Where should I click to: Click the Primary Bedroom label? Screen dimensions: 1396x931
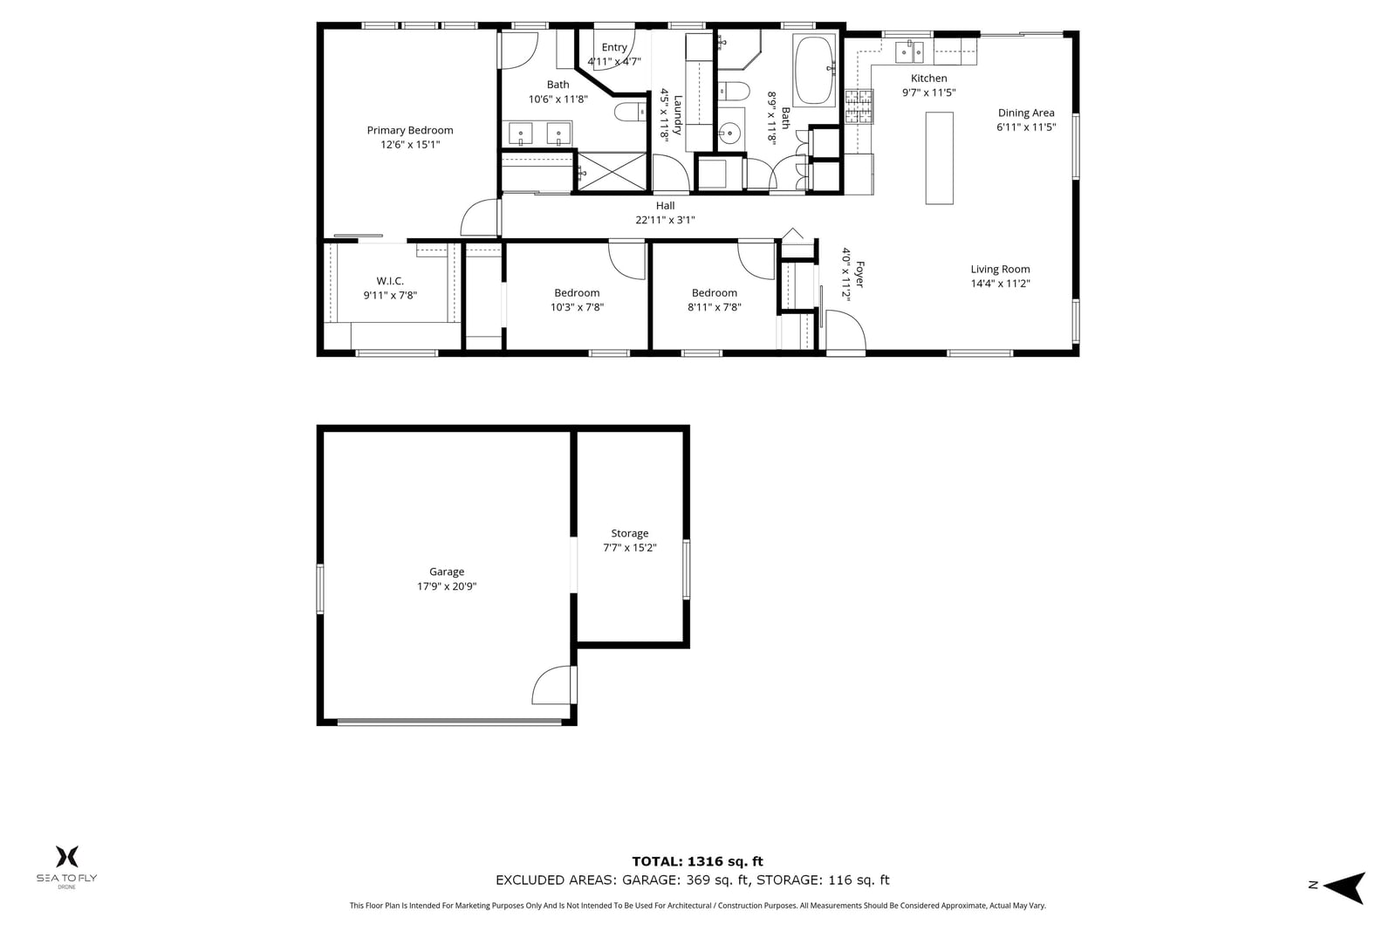pos(410,130)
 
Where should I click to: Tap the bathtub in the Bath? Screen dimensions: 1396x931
pos(814,71)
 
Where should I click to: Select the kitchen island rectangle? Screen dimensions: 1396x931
pos(939,158)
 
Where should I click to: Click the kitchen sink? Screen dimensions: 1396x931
pos(909,52)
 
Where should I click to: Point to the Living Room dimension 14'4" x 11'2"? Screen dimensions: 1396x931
pos(1000,284)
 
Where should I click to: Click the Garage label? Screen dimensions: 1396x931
pos(447,572)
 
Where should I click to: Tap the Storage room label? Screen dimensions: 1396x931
pos(629,533)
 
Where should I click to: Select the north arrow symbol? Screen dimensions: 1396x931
pos(1345,887)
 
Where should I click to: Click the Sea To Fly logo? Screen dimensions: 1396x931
pos(66,866)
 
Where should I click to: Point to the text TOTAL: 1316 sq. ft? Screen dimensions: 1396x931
pos(697,861)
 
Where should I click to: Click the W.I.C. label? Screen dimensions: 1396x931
pos(390,281)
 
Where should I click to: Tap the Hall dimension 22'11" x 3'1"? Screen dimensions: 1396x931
pos(665,220)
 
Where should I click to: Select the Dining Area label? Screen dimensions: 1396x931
pos(1026,113)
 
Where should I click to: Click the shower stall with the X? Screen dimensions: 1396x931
pos(612,171)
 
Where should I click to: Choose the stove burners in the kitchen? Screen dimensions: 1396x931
pos(859,106)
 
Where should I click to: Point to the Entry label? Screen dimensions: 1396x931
pos(614,47)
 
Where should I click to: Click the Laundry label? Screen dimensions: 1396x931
pos(678,115)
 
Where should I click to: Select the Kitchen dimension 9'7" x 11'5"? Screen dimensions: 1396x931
pos(928,92)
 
